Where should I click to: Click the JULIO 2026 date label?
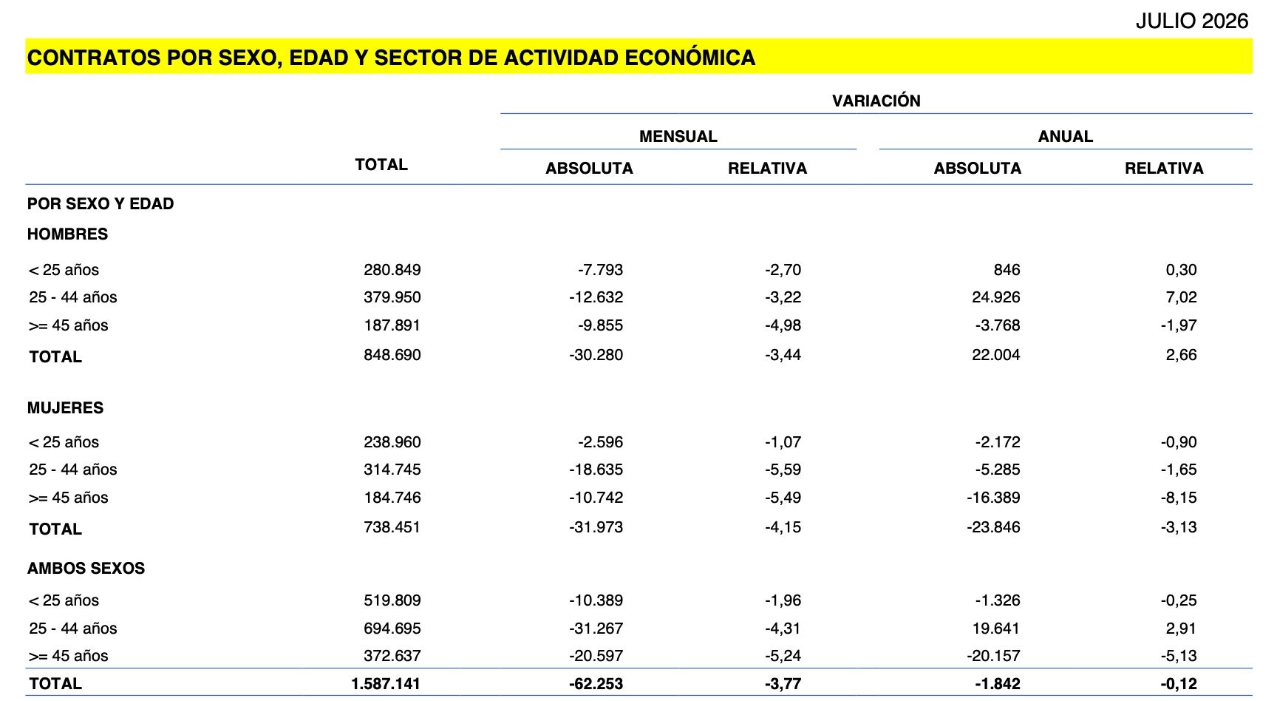pos(1191,21)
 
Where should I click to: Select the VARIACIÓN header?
pos(876,101)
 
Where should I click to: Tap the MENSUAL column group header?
pos(678,137)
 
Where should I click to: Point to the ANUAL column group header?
pos(1066,137)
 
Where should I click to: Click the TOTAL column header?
pos(381,165)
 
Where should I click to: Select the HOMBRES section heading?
pos(67,234)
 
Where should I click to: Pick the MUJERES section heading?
pos(65,408)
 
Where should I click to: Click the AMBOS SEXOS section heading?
pos(86,569)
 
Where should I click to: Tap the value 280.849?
pos(392,270)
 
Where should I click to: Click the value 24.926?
pos(996,297)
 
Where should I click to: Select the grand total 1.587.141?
pos(386,684)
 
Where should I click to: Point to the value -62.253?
pos(596,684)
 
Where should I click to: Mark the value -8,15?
pos(1179,498)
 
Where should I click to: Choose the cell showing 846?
pos(1007,270)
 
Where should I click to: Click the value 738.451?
pos(392,527)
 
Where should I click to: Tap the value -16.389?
pos(993,498)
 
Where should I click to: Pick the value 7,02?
pos(1182,297)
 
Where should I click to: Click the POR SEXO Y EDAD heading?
pos(101,204)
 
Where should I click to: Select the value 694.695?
pos(392,629)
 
